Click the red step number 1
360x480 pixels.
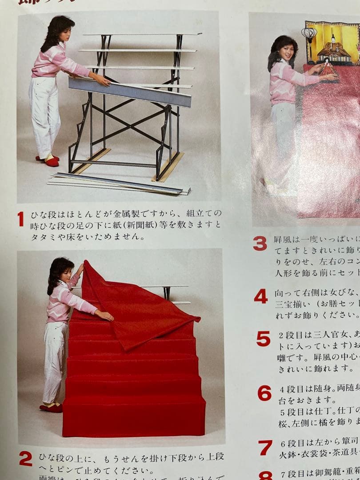[20, 219]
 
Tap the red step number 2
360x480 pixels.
[25, 459]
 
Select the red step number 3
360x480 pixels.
[260, 243]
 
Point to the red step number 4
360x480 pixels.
[261, 296]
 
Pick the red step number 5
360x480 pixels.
[263, 339]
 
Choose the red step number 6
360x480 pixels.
[264, 393]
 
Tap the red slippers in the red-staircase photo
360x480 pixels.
[51, 407]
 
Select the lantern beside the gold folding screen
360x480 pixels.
[309, 35]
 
